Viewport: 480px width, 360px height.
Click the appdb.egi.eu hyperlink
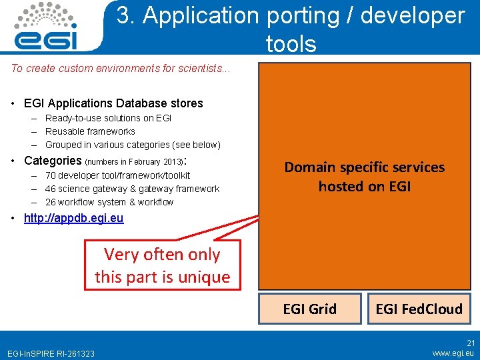tap(73, 218)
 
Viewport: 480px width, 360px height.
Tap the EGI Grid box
tap(309, 309)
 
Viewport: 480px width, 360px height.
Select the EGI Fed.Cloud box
tap(419, 309)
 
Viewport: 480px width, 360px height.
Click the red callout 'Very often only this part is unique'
tap(162, 265)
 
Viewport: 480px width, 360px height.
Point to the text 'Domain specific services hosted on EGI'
tap(364, 177)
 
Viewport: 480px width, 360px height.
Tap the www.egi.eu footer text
tap(453, 352)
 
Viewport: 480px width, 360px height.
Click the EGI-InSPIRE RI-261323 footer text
tap(51, 353)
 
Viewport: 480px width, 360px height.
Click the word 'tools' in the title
tap(291, 44)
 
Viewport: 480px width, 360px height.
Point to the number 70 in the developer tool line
tap(51, 175)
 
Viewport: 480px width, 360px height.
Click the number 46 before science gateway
tap(51, 189)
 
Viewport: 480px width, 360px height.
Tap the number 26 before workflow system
tap(51, 202)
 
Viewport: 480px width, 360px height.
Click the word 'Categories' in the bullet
tap(53, 161)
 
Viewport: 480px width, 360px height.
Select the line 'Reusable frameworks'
tap(90, 131)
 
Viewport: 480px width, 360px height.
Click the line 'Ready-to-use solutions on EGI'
tap(108, 118)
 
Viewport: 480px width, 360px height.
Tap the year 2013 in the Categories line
tap(172, 161)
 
